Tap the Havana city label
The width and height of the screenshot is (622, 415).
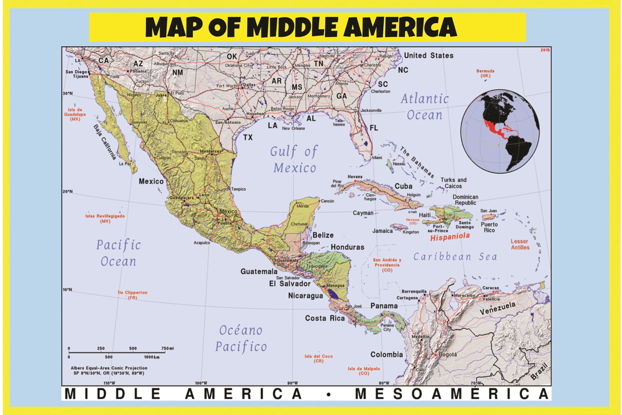(355, 177)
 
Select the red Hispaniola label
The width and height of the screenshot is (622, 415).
(450, 237)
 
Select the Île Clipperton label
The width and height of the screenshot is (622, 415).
(132, 295)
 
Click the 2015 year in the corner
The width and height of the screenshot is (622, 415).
(545, 50)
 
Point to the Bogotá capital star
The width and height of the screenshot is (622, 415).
(435, 355)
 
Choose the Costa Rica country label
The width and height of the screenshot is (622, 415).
(325, 318)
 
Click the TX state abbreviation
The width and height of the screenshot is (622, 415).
(248, 137)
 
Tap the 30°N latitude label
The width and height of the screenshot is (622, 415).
(68, 93)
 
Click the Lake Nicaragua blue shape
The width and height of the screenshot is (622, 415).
(332, 294)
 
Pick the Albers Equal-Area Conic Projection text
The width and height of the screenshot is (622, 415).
(109, 368)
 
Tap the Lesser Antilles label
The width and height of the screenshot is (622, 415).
(520, 244)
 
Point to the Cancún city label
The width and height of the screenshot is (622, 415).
(327, 201)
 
